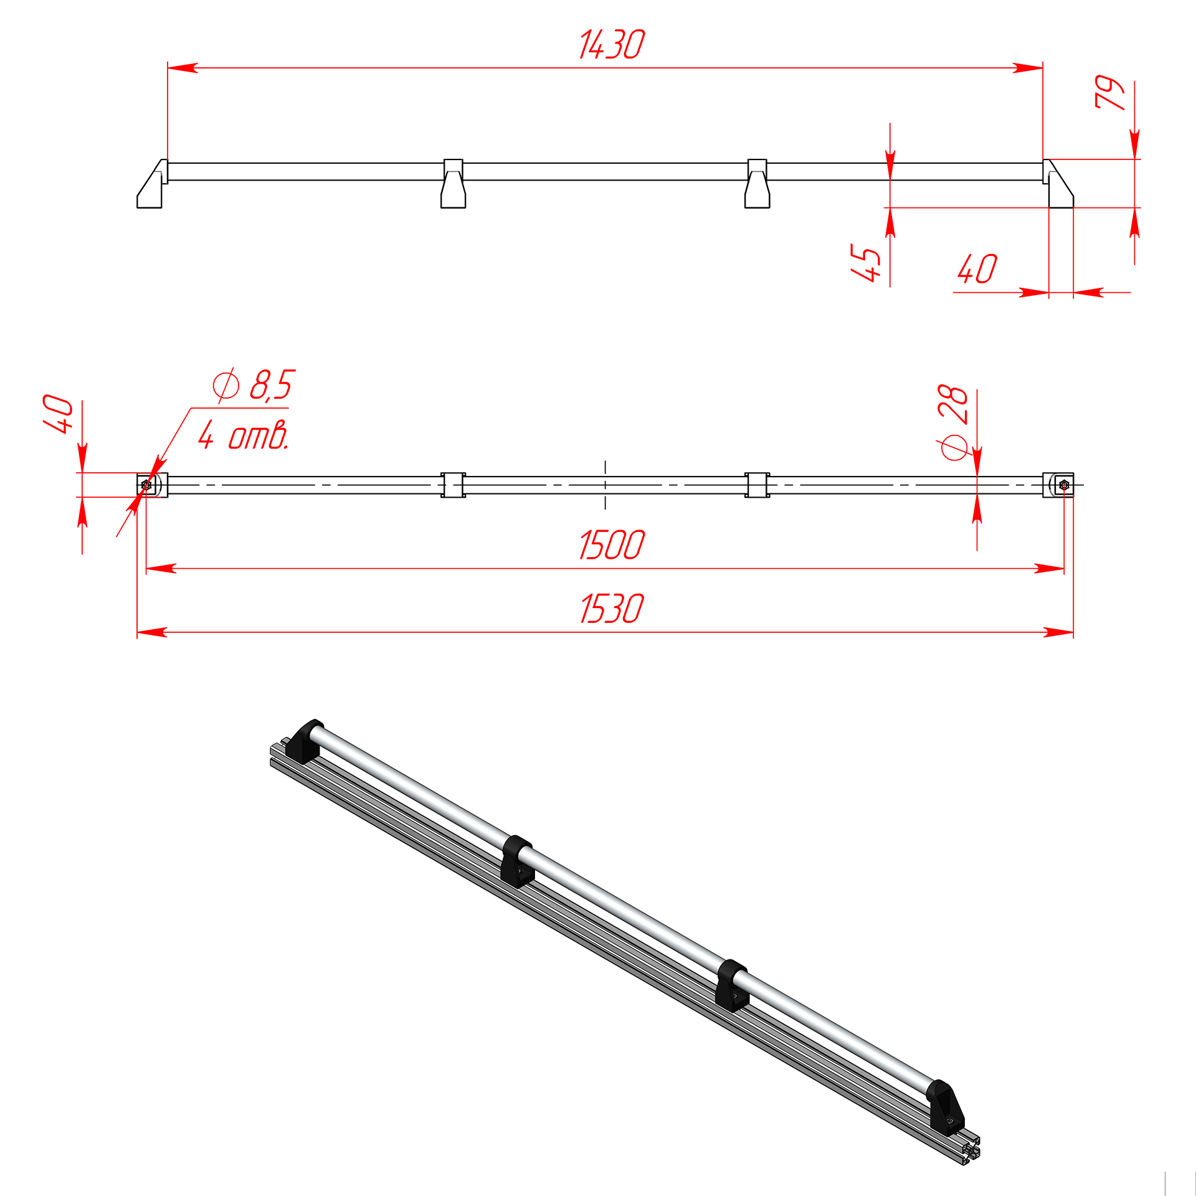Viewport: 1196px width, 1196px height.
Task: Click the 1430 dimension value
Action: tap(612, 45)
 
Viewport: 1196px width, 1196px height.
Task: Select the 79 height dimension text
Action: tap(1110, 92)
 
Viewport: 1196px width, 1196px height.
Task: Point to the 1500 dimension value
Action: tap(612, 544)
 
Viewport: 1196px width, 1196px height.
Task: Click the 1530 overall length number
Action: tap(612, 609)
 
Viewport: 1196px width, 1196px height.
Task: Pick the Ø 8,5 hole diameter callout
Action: tap(254, 384)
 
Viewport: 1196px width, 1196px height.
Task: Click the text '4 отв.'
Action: tap(244, 434)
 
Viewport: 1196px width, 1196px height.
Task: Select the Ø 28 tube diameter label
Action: tap(953, 422)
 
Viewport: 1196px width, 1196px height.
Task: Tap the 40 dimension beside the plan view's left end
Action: tap(58, 413)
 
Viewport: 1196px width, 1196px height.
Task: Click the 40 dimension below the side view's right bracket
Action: tap(977, 268)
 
